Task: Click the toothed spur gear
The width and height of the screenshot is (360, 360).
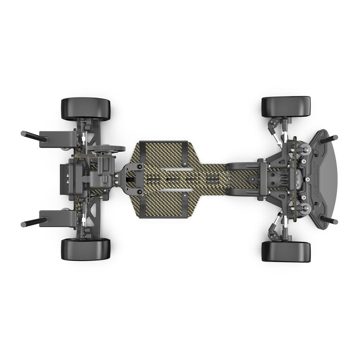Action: tap(106, 148)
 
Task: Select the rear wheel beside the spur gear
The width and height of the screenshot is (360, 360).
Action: tap(86, 109)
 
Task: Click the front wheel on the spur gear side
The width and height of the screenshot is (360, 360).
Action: tap(286, 106)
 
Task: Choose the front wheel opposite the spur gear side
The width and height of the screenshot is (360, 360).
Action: tap(286, 252)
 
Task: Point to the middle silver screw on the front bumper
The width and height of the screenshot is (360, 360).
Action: tap(308, 179)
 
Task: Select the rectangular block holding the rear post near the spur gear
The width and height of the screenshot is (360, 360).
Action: tap(58, 139)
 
